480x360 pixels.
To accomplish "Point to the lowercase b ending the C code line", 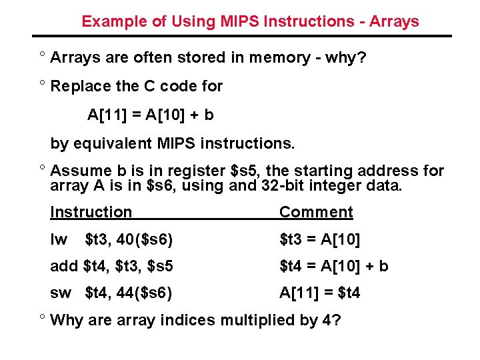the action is [209, 115].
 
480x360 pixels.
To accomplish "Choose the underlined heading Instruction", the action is [91, 212].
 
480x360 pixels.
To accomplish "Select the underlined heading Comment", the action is [316, 212].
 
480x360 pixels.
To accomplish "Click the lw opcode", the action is [59, 239].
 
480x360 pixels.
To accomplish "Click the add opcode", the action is [64, 267].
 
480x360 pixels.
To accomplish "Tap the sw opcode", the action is [61, 293].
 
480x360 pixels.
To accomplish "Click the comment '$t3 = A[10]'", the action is [319, 239].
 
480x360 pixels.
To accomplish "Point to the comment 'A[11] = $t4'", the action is [319, 293].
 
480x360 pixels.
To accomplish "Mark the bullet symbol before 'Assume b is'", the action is [42, 169].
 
